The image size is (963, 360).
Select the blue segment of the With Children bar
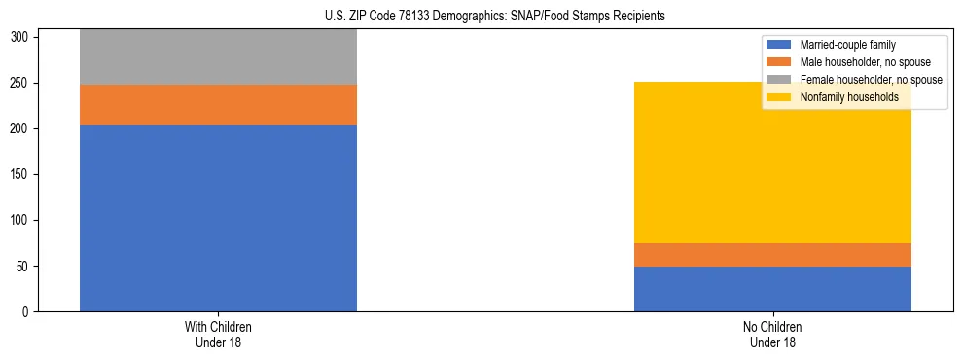218,218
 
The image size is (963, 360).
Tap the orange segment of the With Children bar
218,104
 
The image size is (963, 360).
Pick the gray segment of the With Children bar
218,57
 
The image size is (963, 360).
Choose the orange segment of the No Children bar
772,255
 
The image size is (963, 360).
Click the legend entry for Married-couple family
847,45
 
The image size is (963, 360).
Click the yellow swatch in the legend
779,97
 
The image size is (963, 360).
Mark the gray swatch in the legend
779,80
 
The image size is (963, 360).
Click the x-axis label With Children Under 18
218,334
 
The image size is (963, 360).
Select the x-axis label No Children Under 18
772,334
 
